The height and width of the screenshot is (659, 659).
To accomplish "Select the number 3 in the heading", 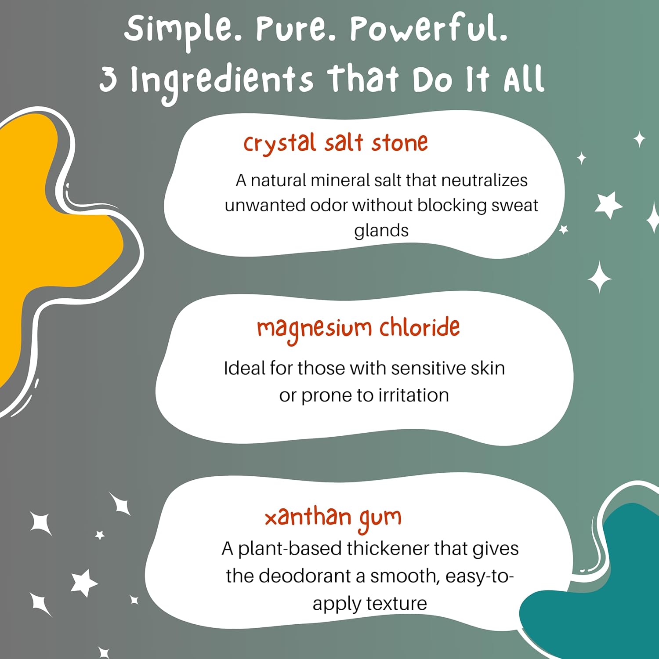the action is coord(108,80).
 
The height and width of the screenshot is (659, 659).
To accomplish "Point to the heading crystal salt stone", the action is coord(336,144).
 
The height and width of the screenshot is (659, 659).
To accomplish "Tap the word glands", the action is coord(381,231).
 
